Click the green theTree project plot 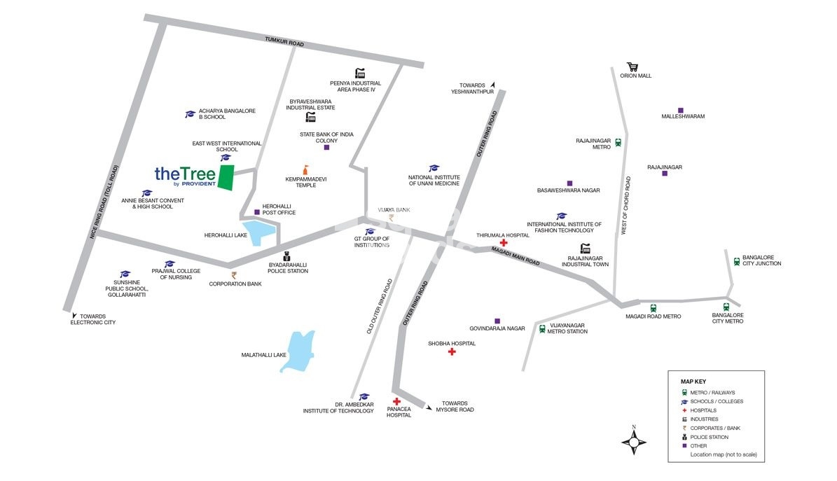click(226, 178)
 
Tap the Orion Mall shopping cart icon click(632, 67)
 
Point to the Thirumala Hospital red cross click(503, 242)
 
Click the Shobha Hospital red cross click(452, 351)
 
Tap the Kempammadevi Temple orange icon click(305, 169)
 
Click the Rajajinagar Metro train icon click(618, 143)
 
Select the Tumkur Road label click(284, 43)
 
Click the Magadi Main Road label click(516, 256)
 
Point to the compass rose click(634, 441)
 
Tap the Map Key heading click(693, 381)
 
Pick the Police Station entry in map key click(710, 437)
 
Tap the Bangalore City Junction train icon click(736, 262)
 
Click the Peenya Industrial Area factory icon click(360, 73)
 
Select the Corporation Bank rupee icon click(234, 275)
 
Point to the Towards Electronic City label click(92, 319)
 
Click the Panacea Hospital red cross click(396, 401)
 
